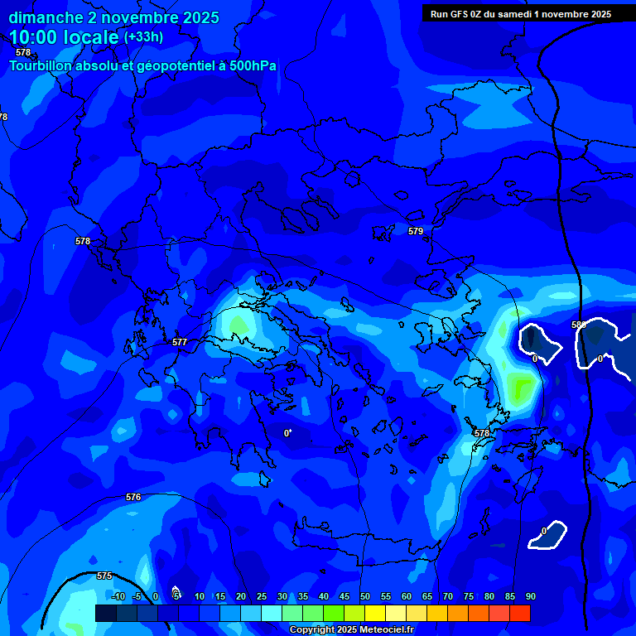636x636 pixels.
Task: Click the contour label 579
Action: [x=416, y=231]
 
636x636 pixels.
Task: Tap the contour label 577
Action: [x=180, y=342]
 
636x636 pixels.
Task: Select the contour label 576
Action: [x=133, y=497]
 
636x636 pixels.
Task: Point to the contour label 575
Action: [x=104, y=576]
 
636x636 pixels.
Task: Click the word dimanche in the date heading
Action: [x=46, y=17]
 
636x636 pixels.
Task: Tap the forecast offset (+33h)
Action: [x=143, y=37]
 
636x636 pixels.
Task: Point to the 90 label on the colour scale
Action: [x=530, y=596]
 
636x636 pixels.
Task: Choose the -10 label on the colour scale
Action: [x=118, y=596]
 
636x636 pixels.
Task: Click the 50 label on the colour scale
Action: [x=364, y=596]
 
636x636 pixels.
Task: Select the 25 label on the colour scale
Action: [x=261, y=596]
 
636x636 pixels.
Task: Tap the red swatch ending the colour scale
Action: [x=519, y=613]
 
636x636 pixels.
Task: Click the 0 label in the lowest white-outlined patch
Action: [x=544, y=531]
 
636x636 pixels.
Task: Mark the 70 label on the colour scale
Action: [x=447, y=596]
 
